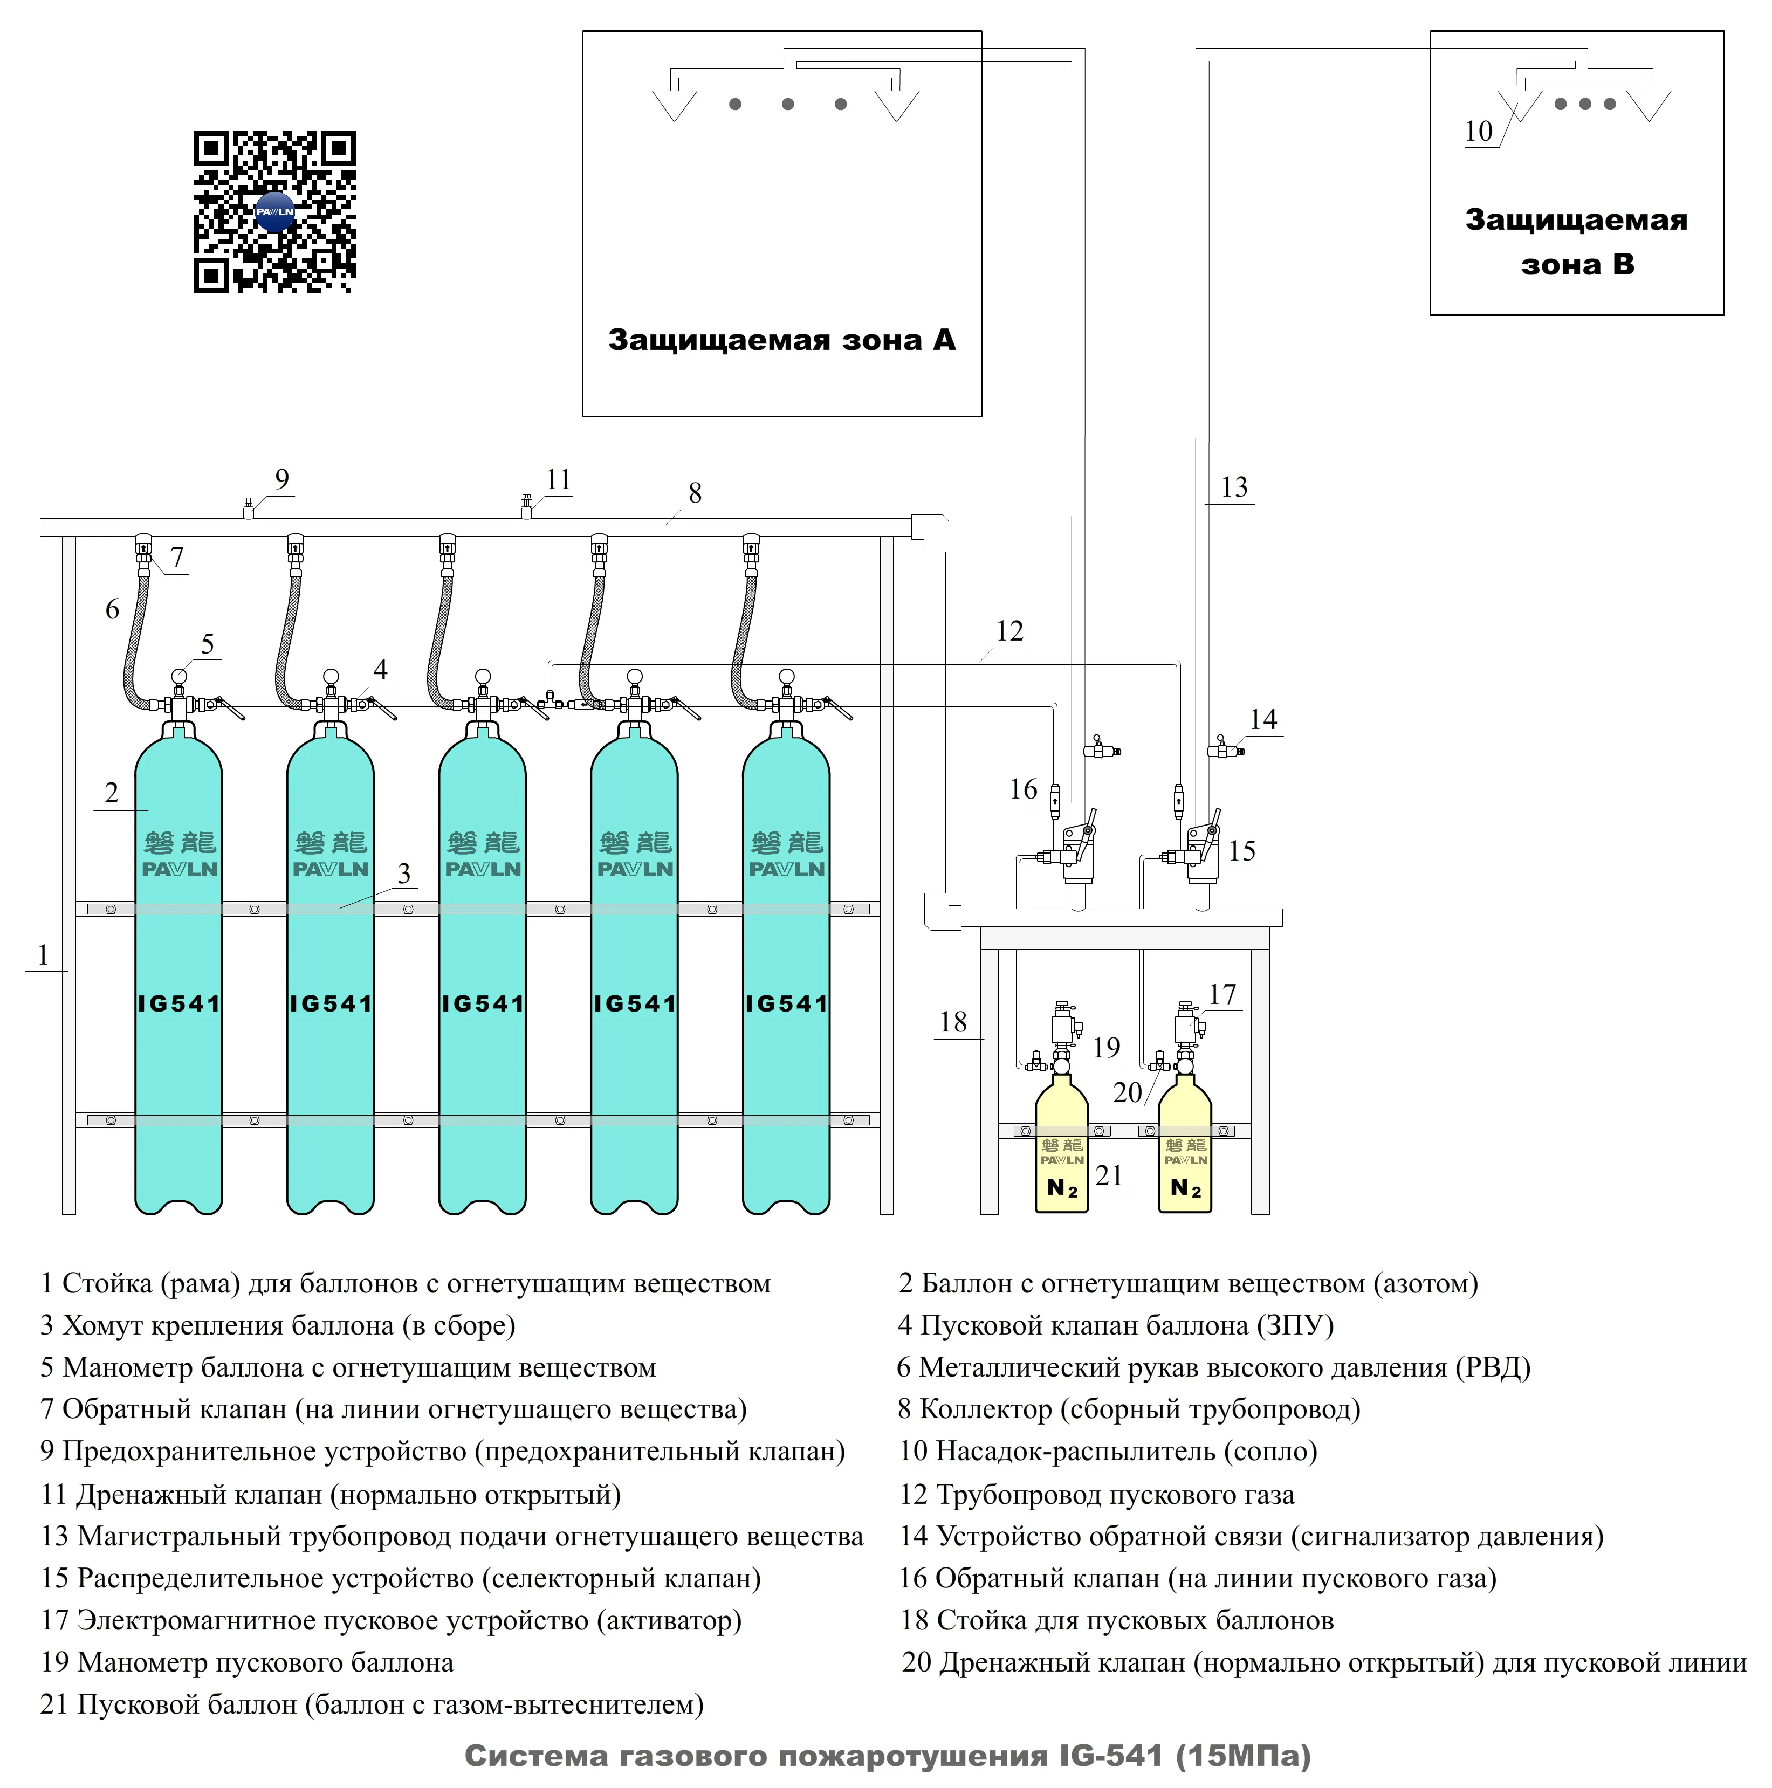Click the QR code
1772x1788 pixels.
tap(275, 212)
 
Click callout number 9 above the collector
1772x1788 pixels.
tap(282, 479)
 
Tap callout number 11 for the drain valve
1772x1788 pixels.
tap(558, 479)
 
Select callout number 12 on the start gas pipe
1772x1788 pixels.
tap(1009, 631)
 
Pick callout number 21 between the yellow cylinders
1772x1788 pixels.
tap(1109, 1175)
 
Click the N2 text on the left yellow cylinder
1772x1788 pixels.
tap(1061, 1187)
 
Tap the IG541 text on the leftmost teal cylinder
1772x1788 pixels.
tap(178, 1003)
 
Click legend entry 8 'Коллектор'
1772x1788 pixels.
tap(1128, 1409)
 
